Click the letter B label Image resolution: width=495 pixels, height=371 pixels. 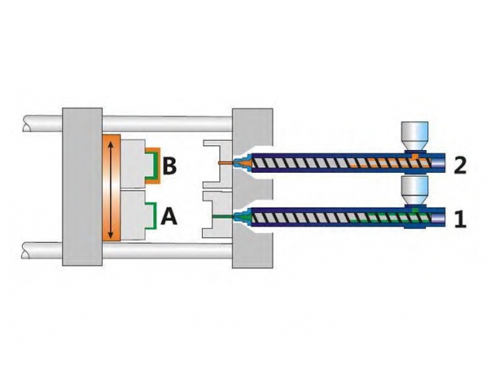point(170,165)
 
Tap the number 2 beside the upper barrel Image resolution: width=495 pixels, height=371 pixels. point(460,165)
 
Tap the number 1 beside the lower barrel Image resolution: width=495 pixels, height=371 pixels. point(460,219)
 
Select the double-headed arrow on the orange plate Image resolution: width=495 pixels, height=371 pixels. point(111,189)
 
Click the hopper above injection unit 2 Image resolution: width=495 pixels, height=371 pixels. point(414,136)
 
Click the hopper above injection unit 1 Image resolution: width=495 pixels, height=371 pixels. point(414,190)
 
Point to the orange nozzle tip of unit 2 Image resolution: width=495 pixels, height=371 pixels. point(241,163)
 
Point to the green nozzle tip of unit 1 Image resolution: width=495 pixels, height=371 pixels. point(242,217)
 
